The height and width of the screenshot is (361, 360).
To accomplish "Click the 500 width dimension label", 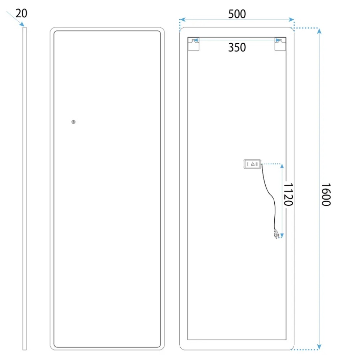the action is (x=237, y=14).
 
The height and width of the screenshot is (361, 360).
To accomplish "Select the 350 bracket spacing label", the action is (x=237, y=47).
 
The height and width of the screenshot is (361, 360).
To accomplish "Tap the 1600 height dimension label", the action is (x=326, y=195).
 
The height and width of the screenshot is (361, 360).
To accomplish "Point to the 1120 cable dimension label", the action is (x=288, y=195).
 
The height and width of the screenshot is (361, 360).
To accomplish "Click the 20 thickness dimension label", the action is (x=21, y=13).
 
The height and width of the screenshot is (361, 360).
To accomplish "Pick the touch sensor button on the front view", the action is (x=73, y=122).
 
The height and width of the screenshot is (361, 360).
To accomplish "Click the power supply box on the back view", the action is (x=252, y=164).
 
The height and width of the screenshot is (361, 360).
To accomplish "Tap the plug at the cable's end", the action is (x=277, y=234).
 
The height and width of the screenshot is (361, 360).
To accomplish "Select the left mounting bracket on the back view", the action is (x=194, y=44).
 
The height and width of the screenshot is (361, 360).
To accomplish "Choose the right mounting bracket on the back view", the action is (x=280, y=44).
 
